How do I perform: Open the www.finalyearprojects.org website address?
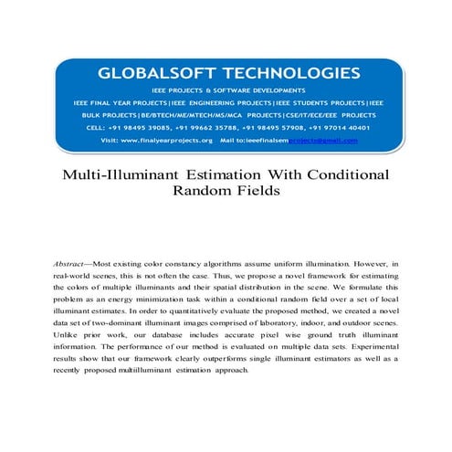tap(169, 141)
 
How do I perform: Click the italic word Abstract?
tap(74, 263)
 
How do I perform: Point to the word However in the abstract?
tap(369, 263)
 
